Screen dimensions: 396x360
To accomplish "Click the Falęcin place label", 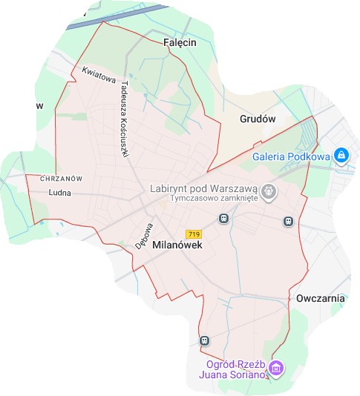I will pyautogui.click(x=178, y=43).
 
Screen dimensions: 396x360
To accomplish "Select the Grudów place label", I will pyautogui.click(x=258, y=119).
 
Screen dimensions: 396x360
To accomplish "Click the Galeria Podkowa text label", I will pyautogui.click(x=291, y=156).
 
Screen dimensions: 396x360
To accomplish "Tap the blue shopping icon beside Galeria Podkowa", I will pyautogui.click(x=341, y=156).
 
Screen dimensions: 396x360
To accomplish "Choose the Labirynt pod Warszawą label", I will pyautogui.click(x=203, y=188).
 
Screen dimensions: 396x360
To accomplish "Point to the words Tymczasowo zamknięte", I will pyautogui.click(x=213, y=199).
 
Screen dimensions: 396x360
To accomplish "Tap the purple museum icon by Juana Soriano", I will pyautogui.click(x=276, y=368).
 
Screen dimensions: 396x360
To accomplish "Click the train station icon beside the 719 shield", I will pyautogui.click(x=222, y=219).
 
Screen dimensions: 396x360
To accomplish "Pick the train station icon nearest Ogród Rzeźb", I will pyautogui.click(x=204, y=340).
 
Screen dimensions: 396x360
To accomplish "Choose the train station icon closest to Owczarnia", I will pyautogui.click(x=288, y=221).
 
